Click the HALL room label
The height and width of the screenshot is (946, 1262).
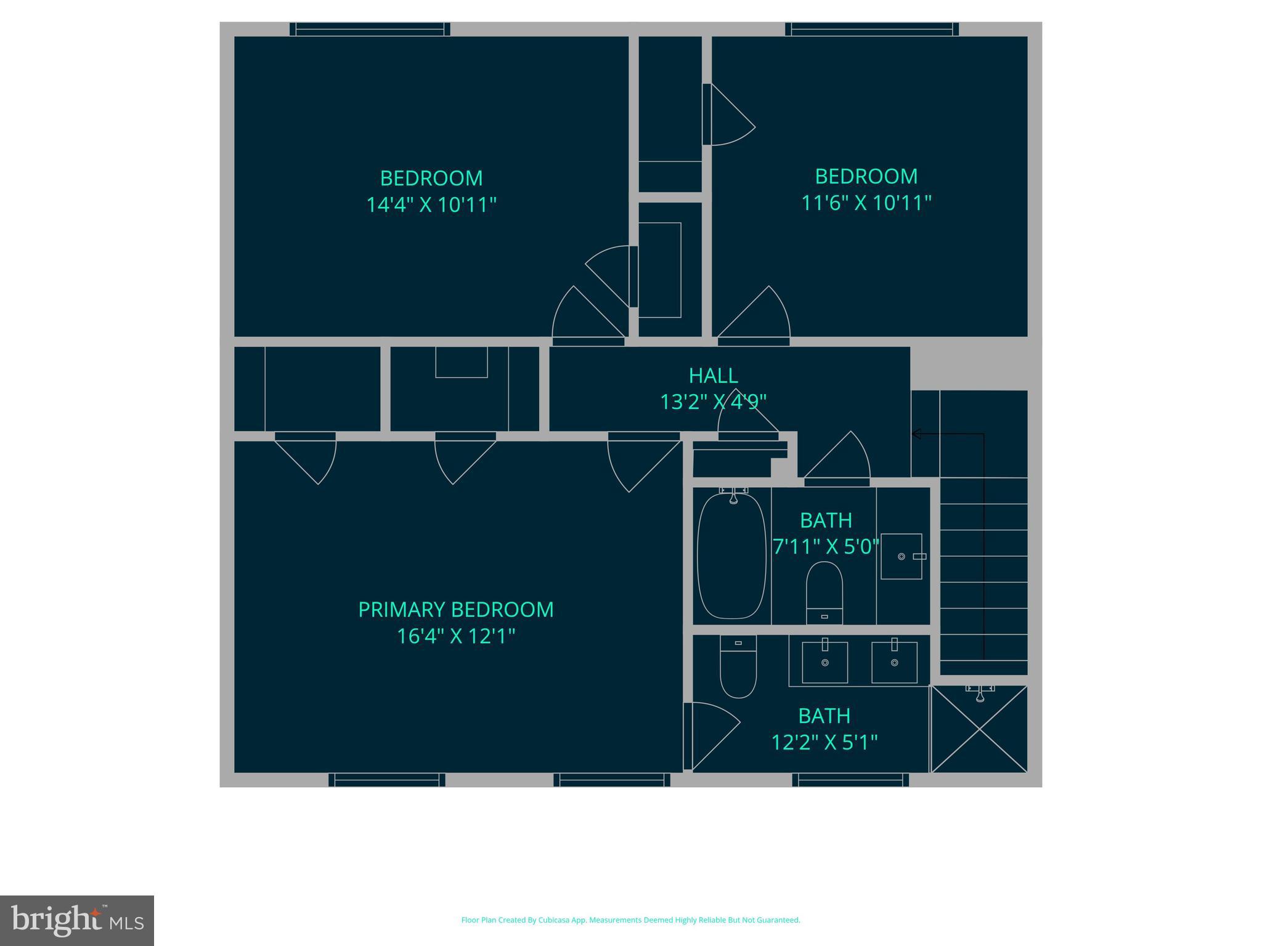pyautogui.click(x=713, y=375)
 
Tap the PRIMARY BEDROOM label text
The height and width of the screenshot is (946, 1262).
pyautogui.click(x=455, y=609)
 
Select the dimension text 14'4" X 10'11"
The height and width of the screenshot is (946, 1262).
pyautogui.click(x=431, y=204)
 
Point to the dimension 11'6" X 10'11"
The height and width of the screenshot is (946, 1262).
pyautogui.click(x=866, y=203)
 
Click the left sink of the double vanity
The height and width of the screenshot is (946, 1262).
pyautogui.click(x=824, y=662)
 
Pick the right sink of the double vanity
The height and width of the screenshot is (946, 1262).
pyautogui.click(x=894, y=662)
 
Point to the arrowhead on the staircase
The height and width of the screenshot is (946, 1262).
pyautogui.click(x=916, y=434)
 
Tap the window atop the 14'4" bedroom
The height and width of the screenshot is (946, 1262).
pyautogui.click(x=370, y=29)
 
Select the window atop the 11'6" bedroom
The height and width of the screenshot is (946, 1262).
pyautogui.click(x=871, y=29)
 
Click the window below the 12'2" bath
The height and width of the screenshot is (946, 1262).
pyautogui.click(x=850, y=780)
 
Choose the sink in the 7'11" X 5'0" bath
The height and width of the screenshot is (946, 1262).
pyautogui.click(x=901, y=556)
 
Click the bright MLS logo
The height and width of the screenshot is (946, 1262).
pyautogui.click(x=77, y=920)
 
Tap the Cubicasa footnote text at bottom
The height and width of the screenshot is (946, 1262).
pyautogui.click(x=630, y=920)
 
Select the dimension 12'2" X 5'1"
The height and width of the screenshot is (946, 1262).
pyautogui.click(x=824, y=742)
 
